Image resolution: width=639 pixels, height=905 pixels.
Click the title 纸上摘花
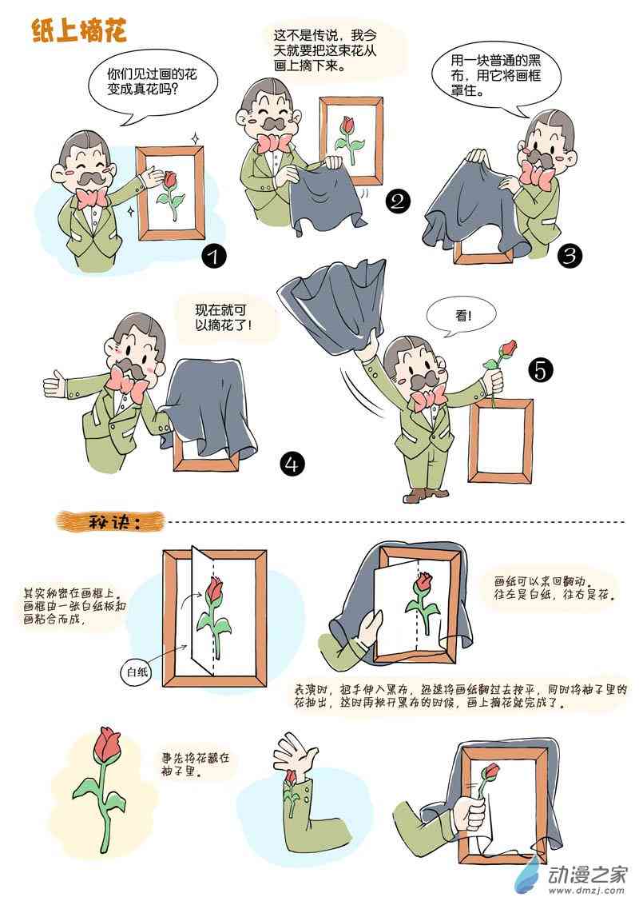coord(79,30)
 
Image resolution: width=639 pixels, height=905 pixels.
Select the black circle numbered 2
coord(398,201)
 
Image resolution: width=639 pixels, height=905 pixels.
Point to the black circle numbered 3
coord(570,254)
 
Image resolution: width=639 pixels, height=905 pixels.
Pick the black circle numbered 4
coord(292,464)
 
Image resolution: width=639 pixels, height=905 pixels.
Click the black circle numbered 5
coord(540,369)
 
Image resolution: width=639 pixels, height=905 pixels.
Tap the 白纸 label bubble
coord(137,672)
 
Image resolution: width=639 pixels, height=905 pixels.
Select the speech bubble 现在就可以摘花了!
coord(224,318)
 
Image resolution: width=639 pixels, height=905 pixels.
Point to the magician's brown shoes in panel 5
coord(426,495)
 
